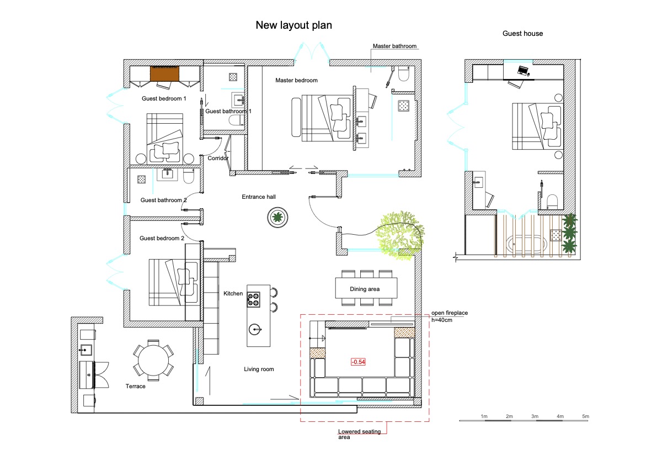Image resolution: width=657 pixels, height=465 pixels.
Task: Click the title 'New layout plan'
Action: pos(293,25)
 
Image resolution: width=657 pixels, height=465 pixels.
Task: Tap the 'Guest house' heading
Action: pos(522,34)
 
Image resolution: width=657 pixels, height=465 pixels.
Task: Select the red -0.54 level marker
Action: pos(358,362)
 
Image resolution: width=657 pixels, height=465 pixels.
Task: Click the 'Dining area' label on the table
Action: pos(365,289)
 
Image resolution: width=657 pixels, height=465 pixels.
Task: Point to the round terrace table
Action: pos(153,360)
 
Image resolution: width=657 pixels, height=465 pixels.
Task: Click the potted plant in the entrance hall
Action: pos(277,218)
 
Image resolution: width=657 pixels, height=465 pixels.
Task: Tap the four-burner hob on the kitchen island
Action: pos(253,300)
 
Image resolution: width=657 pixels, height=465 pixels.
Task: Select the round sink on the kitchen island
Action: pos(255,330)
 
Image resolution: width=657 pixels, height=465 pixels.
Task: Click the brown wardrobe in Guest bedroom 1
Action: pos(165,73)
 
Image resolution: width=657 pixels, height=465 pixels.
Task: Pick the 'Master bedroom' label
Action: pos(296,80)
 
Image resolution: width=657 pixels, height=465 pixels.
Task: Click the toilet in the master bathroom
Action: pos(403,73)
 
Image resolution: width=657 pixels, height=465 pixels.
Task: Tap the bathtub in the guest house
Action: pos(526,244)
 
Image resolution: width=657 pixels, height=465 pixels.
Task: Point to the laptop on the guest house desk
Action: pos(524,71)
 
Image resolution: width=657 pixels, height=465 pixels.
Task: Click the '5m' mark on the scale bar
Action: pos(585,416)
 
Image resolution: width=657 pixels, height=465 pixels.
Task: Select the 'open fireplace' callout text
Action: pos(450,313)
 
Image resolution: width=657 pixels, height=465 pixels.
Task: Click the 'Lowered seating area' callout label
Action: pos(360,434)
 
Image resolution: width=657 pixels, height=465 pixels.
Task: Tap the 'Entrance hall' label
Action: pos(259,197)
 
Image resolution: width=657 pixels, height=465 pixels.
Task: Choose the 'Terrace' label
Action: pos(135,386)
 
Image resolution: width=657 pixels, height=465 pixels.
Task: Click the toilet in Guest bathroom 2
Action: pos(189,176)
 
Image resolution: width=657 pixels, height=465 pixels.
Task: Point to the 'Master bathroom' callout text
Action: pos(395,46)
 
